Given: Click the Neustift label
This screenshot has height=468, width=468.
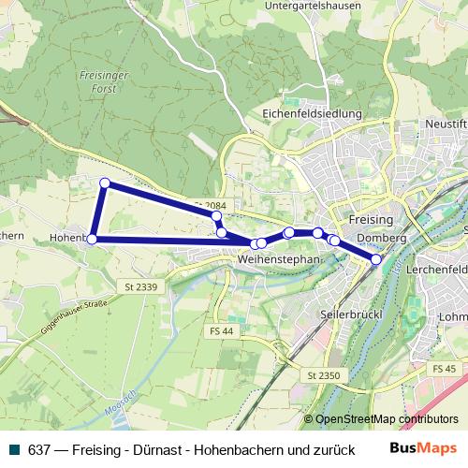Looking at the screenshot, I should [x=446, y=123].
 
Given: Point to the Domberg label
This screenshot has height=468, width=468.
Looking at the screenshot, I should [x=382, y=239].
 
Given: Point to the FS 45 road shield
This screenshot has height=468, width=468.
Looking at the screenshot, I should [x=444, y=369].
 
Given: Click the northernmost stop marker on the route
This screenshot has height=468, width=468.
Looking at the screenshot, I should [x=105, y=183].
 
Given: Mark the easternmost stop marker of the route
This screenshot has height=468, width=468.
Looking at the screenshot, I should [x=376, y=259].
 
